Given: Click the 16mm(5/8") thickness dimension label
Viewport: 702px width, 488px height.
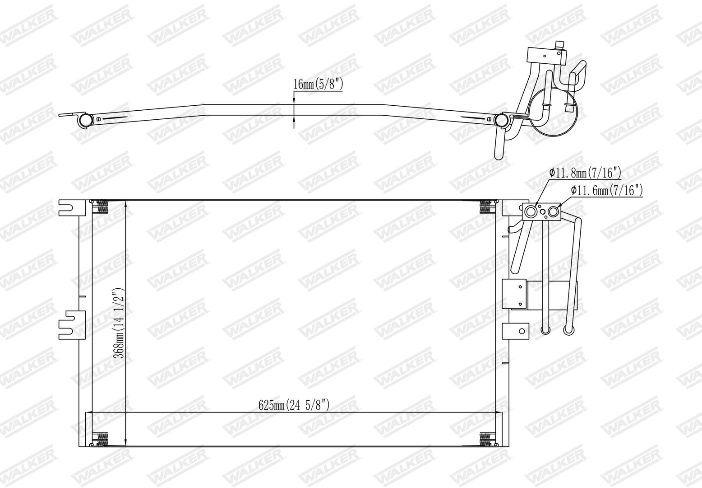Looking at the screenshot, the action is tap(318, 84).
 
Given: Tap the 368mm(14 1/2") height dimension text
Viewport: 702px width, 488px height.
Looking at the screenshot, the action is tap(119, 323).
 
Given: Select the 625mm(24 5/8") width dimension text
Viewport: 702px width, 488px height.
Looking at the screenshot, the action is tap(294, 405).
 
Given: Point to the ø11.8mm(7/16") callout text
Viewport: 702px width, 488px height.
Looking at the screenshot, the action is tap(585, 173).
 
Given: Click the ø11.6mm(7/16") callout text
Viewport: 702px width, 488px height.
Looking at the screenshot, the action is tap(607, 190).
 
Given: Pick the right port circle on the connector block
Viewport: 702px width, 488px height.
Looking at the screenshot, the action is tap(553, 212).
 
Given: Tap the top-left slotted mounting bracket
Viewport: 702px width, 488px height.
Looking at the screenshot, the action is tap(72, 208).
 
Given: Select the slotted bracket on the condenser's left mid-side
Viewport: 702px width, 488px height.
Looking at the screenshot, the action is tap(72, 325).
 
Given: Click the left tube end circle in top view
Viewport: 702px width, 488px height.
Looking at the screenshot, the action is tap(85, 120).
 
